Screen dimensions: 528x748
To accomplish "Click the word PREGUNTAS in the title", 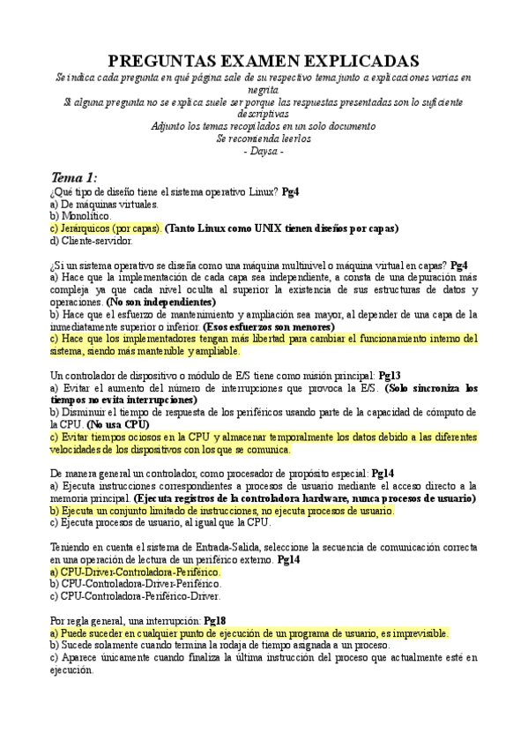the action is [x=164, y=60].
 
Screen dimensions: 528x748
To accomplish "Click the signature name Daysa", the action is [x=263, y=152].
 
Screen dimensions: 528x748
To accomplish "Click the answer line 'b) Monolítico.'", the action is [x=81, y=214].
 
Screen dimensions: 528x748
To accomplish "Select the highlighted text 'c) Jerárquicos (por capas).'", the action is [x=105, y=227].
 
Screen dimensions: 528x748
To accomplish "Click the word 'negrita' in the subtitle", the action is [x=263, y=89].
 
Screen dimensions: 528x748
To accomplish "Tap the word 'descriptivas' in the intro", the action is [x=263, y=114].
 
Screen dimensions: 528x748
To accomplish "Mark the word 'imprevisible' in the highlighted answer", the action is [x=415, y=633].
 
